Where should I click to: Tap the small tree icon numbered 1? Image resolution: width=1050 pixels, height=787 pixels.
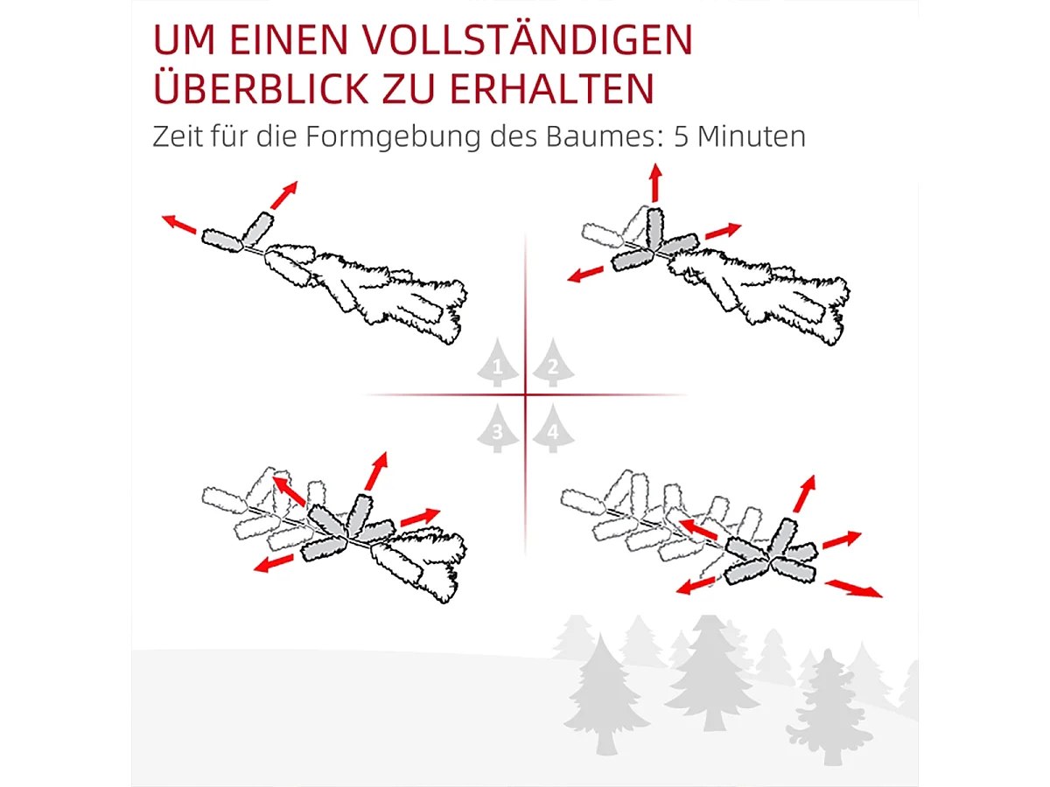(x=498, y=366)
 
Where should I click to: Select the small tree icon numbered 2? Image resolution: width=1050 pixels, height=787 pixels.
(x=552, y=366)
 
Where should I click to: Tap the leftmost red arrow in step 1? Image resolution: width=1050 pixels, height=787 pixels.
(x=178, y=224)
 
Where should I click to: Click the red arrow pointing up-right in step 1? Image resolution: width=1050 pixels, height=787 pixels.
(x=283, y=194)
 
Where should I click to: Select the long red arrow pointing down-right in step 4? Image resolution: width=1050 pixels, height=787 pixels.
(x=853, y=588)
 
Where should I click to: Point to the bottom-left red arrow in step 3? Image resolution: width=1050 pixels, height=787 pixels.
(x=274, y=562)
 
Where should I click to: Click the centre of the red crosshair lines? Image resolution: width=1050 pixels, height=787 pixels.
(x=525, y=395)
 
